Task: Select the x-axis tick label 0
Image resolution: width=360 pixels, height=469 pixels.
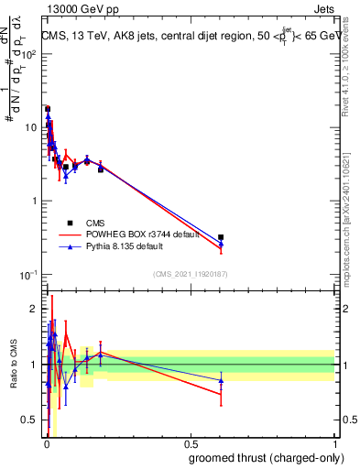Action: tap(47, 442)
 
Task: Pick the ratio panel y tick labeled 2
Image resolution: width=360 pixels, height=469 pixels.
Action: tap(33, 309)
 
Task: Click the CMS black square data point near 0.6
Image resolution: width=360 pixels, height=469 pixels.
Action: tap(221, 237)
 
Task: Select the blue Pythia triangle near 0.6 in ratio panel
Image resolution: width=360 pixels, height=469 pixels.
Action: tap(221, 380)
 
